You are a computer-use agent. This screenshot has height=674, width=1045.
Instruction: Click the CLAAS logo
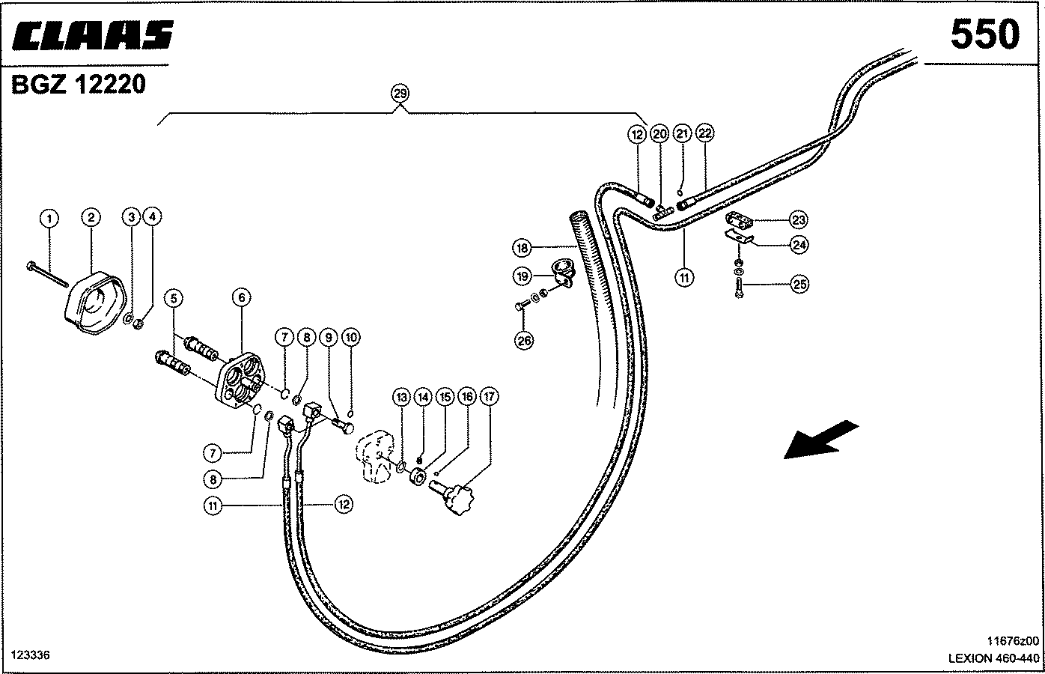[92, 35]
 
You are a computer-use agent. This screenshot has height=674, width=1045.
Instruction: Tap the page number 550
[985, 34]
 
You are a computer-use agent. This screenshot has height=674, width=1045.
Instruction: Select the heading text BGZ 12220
[78, 85]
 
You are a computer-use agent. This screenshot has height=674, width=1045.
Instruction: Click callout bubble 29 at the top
[400, 94]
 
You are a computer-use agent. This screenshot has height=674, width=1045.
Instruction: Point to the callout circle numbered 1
[49, 218]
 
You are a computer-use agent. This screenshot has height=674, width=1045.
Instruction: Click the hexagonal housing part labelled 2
[95, 303]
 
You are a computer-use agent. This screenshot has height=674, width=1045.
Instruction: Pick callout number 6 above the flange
[241, 297]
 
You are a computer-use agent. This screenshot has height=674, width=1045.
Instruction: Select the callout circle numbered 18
[522, 247]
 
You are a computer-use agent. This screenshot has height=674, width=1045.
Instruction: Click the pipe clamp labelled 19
[563, 272]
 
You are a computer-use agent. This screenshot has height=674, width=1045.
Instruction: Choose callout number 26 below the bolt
[524, 341]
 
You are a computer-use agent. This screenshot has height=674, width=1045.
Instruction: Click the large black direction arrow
[821, 440]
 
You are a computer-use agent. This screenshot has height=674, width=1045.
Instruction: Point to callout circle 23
[798, 219]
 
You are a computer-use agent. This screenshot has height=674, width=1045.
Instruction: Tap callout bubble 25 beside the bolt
[799, 285]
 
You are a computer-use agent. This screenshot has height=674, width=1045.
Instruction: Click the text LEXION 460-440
[994, 658]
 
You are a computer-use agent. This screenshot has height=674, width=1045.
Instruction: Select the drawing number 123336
[31, 655]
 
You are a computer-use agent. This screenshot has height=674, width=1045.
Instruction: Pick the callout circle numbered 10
[351, 337]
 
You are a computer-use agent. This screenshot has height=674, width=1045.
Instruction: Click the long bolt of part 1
[48, 275]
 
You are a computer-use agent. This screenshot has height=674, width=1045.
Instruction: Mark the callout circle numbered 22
[704, 133]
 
